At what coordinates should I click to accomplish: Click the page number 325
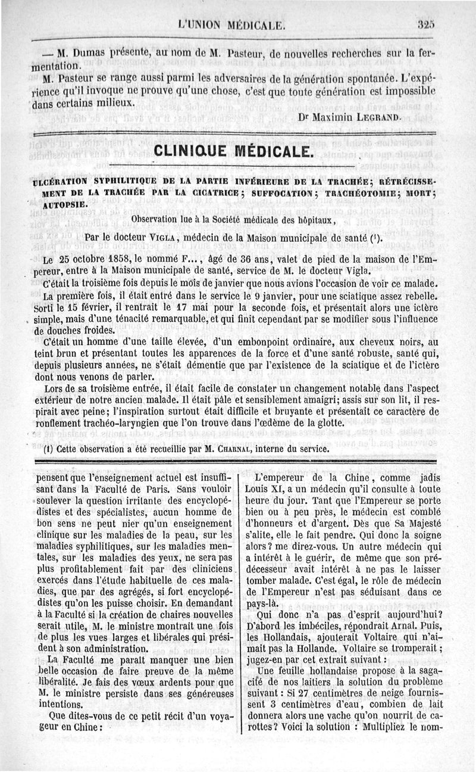coord(427,24)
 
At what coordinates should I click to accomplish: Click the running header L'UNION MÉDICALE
coord(233,25)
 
